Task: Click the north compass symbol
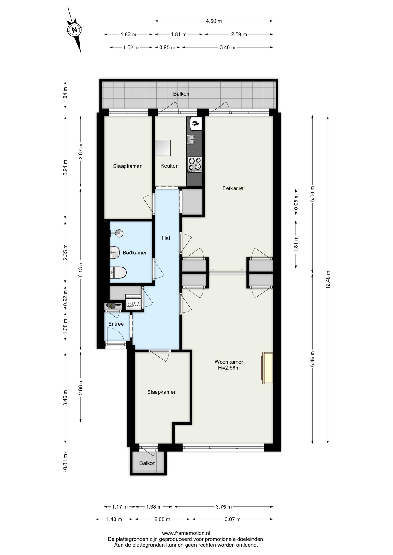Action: [75, 29]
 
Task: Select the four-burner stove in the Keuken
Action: [195, 164]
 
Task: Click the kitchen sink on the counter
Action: [191, 140]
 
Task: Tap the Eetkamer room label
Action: [234, 188]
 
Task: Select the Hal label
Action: [166, 238]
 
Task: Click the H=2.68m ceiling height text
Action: [229, 368]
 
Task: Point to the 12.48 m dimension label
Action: [328, 280]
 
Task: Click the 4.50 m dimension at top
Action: [214, 21]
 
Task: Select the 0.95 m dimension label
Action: [167, 47]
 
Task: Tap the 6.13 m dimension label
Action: [81, 269]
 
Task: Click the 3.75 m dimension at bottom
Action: [224, 507]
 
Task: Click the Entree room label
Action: [116, 324]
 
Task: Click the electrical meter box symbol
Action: [113, 306]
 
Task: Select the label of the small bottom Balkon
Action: [147, 463]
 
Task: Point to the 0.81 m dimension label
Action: [65, 462]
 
